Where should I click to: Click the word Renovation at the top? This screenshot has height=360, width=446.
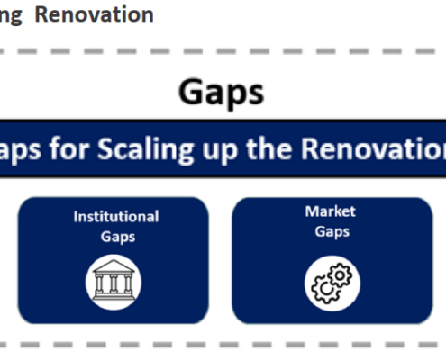pyautogui.click(x=95, y=14)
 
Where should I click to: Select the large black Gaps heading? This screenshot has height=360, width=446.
pyautogui.click(x=222, y=93)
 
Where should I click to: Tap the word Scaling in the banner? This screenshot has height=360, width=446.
pyautogui.click(x=146, y=150)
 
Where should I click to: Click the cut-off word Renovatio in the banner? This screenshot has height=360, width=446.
pyautogui.click(x=374, y=148)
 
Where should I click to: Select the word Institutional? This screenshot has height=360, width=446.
pyautogui.click(x=116, y=217)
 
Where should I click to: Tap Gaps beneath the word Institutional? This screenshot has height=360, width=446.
pyautogui.click(x=118, y=237)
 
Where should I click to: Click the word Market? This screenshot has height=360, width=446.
pyautogui.click(x=331, y=211)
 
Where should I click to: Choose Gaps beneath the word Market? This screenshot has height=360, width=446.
pyautogui.click(x=332, y=232)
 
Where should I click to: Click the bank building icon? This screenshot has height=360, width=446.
pyautogui.click(x=114, y=280)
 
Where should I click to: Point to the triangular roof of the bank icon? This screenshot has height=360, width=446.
pyautogui.click(x=114, y=266)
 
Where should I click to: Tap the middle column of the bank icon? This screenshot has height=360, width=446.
pyautogui.click(x=114, y=283)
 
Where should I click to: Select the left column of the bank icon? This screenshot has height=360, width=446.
pyautogui.click(x=99, y=283)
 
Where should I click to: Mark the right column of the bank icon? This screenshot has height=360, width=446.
pyautogui.click(x=128, y=283)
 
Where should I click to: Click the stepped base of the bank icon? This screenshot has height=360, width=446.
pyautogui.click(x=114, y=297)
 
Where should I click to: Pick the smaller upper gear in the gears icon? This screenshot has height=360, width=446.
pyautogui.click(x=340, y=275)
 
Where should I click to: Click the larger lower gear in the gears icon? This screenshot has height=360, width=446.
pyautogui.click(x=326, y=289)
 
